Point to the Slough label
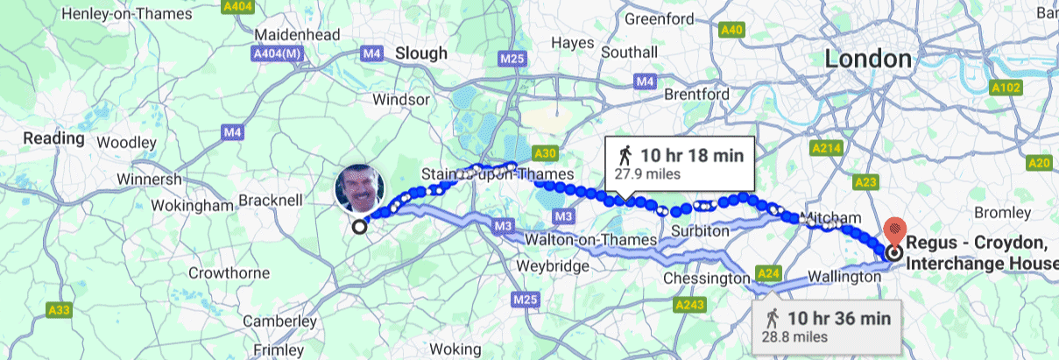[421, 53]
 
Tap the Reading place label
[53, 138]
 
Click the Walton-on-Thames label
[590, 239]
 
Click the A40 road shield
[731, 31]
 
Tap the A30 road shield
[545, 153]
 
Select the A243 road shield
[689, 305]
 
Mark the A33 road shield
[60, 309]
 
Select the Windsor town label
[401, 99]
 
